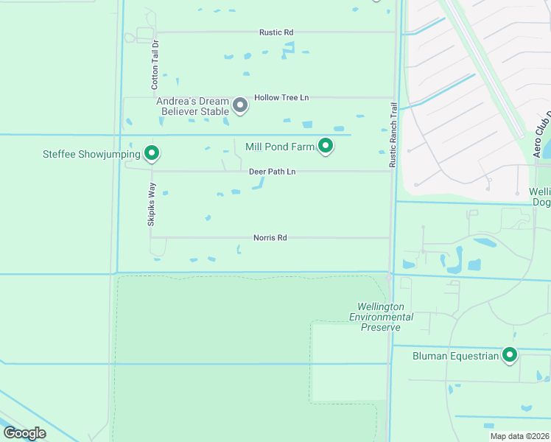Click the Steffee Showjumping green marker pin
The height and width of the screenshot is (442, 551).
click(152, 153)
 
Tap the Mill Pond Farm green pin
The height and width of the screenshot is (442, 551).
click(325, 146)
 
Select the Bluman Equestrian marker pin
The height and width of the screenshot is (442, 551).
click(509, 355)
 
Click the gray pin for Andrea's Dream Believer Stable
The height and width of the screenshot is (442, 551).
click(239, 105)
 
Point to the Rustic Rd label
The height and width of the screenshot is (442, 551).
click(276, 32)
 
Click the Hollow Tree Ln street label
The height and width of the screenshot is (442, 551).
click(281, 97)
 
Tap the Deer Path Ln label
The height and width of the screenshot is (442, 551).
click(272, 172)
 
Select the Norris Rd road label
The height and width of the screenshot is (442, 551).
click(270, 238)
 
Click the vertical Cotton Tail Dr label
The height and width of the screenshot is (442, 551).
click(155, 65)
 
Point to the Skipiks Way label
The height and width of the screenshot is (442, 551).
click(151, 204)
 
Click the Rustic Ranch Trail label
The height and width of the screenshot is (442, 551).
click(393, 134)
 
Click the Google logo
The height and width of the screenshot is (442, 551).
click(24, 432)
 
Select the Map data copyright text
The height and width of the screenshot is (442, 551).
click(519, 436)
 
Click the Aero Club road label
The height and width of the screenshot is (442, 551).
click(544, 133)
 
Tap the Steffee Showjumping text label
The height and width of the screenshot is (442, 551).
click(91, 154)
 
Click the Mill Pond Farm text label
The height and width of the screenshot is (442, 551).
click(280, 147)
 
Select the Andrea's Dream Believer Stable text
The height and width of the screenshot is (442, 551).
click(194, 106)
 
